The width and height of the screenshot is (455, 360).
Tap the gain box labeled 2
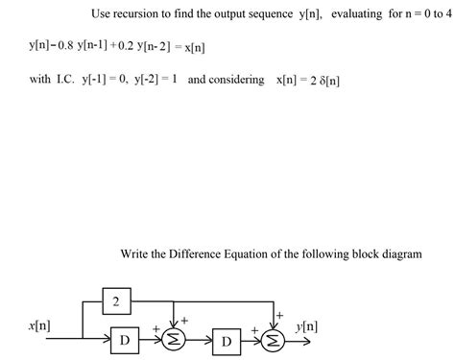click(x=116, y=304)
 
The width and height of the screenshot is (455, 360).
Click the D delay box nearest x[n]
click(x=126, y=341)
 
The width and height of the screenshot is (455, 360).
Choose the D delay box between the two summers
click(x=227, y=341)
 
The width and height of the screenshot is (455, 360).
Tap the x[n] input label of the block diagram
click(x=40, y=327)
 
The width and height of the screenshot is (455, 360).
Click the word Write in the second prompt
click(x=138, y=253)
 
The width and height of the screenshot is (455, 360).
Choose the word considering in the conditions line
click(x=235, y=80)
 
